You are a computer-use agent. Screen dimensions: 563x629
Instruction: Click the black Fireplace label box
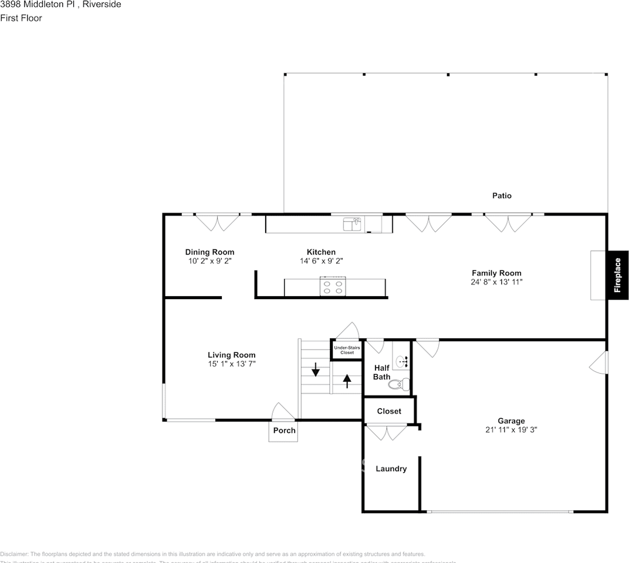point(617,274)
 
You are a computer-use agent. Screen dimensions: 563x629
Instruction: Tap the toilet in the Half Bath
point(399,385)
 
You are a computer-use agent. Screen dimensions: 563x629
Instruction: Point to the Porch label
point(285,430)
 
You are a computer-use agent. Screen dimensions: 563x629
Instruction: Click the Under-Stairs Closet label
point(347,350)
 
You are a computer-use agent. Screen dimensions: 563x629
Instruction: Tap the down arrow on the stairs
point(315,369)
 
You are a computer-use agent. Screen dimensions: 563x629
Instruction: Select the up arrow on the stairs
point(347,381)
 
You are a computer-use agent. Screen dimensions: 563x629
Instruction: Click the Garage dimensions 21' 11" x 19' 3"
point(511,429)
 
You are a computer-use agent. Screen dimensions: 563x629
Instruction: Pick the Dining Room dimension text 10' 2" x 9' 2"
point(209,261)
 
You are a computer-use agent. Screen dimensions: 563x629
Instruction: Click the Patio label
point(501,195)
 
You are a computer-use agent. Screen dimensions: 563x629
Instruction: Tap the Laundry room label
point(391,469)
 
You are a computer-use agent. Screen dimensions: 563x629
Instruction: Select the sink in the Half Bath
point(401,361)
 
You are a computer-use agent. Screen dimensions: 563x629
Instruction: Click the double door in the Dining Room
point(217,222)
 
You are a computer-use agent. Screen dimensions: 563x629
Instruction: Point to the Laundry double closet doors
point(385,433)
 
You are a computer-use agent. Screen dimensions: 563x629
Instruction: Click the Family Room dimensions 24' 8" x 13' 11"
point(496,281)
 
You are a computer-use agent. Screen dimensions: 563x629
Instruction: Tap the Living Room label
point(231,355)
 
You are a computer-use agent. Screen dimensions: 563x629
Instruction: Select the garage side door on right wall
point(598,363)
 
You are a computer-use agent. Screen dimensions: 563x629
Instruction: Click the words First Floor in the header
point(21,18)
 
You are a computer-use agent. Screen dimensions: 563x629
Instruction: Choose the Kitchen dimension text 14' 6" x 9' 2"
point(321,261)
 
